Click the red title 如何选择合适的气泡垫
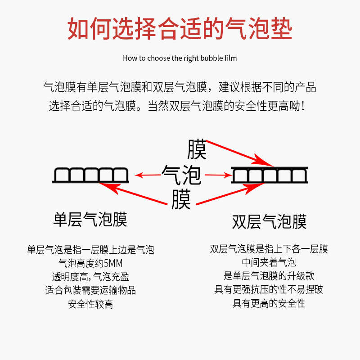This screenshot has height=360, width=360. (x=180, y=29)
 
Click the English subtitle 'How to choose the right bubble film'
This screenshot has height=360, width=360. (x=180, y=58)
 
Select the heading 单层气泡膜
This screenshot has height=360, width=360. (x=90, y=219)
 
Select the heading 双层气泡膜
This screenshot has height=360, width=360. (x=269, y=222)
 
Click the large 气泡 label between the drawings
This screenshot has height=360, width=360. (x=181, y=175)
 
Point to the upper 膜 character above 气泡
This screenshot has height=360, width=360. (x=196, y=149)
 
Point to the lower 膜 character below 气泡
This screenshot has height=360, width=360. (x=181, y=200)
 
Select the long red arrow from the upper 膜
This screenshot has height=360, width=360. (x=238, y=153)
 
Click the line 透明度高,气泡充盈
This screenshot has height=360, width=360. (x=90, y=277)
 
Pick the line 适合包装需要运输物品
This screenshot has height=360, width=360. (x=90, y=290)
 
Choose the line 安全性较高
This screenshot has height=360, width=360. (x=90, y=304)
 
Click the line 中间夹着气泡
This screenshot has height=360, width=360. (x=269, y=262)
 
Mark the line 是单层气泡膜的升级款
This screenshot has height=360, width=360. (x=269, y=276)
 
